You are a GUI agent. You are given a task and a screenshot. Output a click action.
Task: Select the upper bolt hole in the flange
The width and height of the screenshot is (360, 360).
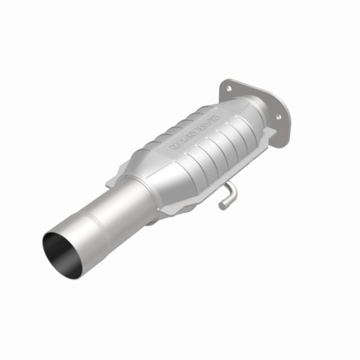coord(229,89)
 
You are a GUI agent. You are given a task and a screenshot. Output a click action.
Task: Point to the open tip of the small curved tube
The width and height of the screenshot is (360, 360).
coord(221,206)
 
